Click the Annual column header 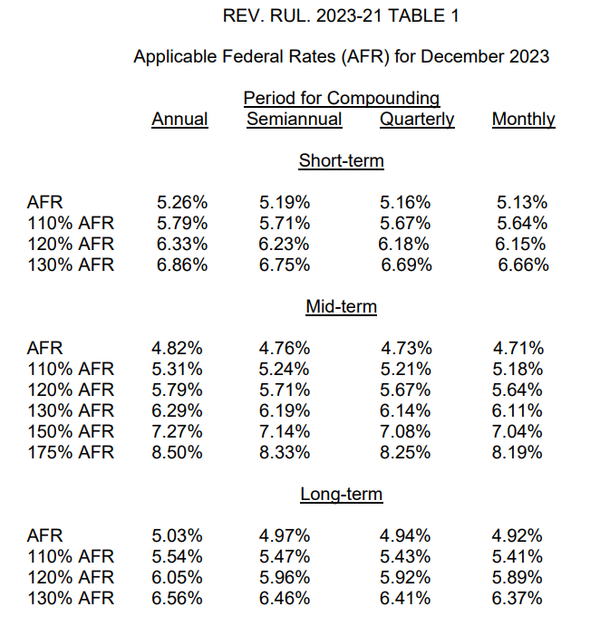pyautogui.click(x=179, y=119)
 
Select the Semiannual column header pyautogui.click(x=294, y=119)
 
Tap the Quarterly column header pyautogui.click(x=417, y=120)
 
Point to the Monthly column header pyautogui.click(x=523, y=120)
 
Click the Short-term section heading pyautogui.click(x=341, y=160)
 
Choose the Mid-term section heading pyautogui.click(x=341, y=306)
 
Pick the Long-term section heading pyautogui.click(x=342, y=495)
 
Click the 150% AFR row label pyautogui.click(x=71, y=431)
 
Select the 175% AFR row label pyautogui.click(x=71, y=452)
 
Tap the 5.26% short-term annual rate pyautogui.click(x=182, y=202)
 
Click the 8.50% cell pyautogui.click(x=177, y=452)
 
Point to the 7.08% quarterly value pyautogui.click(x=405, y=431)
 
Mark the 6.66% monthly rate pyautogui.click(x=523, y=265)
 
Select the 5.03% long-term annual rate pyautogui.click(x=177, y=535)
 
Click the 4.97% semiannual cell pyautogui.click(x=285, y=535)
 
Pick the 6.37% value pyautogui.click(x=517, y=599)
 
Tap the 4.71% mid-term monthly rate pyautogui.click(x=518, y=348)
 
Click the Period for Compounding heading pyautogui.click(x=342, y=98)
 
